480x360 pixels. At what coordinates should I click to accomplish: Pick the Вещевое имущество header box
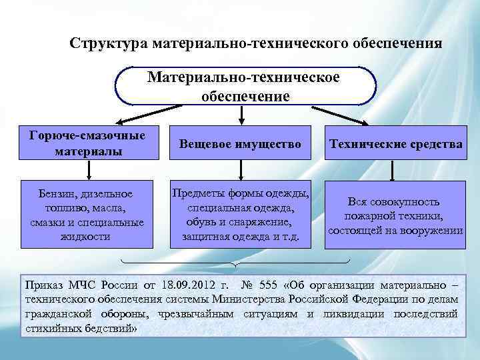[241, 143]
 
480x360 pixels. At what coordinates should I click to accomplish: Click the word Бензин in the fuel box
[54, 194]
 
